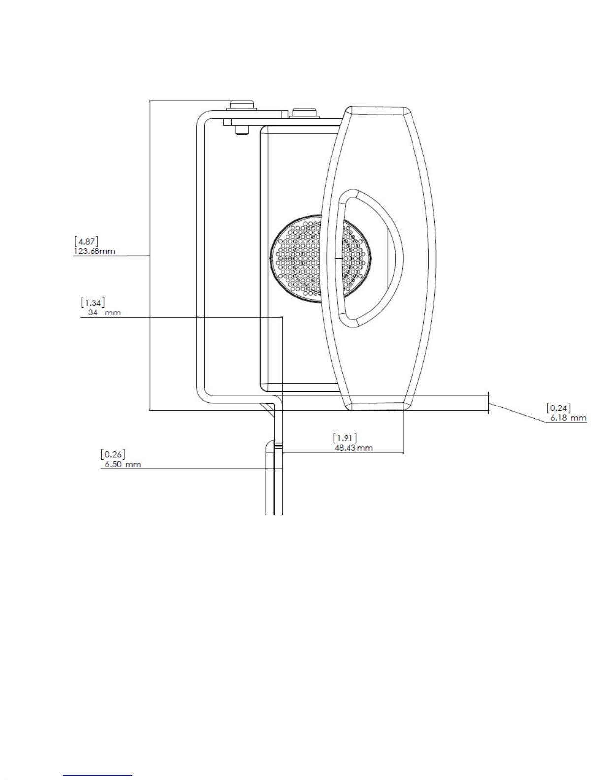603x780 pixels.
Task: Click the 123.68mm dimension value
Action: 95,251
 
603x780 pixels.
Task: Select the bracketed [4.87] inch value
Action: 87,241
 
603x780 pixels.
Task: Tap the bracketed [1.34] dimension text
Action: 93,302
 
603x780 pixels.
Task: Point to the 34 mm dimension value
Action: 104,312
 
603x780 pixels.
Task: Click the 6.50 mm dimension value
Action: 123,464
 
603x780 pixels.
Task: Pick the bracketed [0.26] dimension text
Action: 113,454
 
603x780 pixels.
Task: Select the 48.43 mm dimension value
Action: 353,448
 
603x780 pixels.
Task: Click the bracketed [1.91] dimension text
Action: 345,438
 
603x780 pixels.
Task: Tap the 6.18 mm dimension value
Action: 569,418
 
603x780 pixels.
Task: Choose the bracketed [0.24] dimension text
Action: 559,408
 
